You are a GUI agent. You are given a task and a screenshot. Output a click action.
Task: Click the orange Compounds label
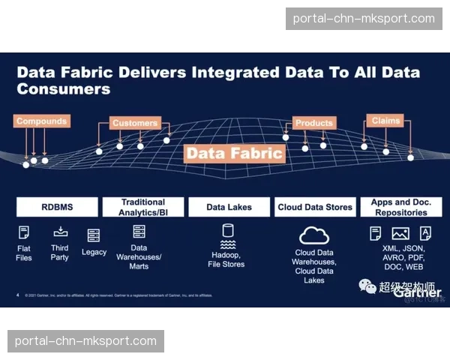coord(42,121)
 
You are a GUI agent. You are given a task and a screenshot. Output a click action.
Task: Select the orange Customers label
coord(135,123)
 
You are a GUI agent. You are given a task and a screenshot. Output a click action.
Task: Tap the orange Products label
coord(313,123)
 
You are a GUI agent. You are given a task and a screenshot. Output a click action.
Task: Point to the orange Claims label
coord(385,120)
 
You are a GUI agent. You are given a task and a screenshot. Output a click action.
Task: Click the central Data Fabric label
coord(235,154)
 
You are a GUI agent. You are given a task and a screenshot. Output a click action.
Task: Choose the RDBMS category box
coord(57,207)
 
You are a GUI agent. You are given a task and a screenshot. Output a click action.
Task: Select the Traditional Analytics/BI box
coord(143,207)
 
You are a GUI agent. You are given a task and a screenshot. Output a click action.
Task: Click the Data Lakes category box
coord(229,207)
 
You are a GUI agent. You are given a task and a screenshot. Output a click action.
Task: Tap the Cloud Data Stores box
coord(315,207)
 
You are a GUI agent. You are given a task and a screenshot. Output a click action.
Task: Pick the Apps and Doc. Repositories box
coord(401,207)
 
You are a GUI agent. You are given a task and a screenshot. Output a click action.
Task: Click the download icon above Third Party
coord(61,231)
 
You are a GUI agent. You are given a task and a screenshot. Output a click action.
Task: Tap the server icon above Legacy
coord(94,235)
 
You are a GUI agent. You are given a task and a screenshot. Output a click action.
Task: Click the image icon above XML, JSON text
coord(400,233)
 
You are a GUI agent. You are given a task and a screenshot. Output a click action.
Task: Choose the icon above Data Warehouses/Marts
coord(139,232)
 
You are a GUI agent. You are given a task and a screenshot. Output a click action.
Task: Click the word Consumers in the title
coord(64,88)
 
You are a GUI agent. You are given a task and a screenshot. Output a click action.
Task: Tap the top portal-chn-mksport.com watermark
coord(363,18)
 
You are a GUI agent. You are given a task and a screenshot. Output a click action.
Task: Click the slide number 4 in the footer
coord(17,295)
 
